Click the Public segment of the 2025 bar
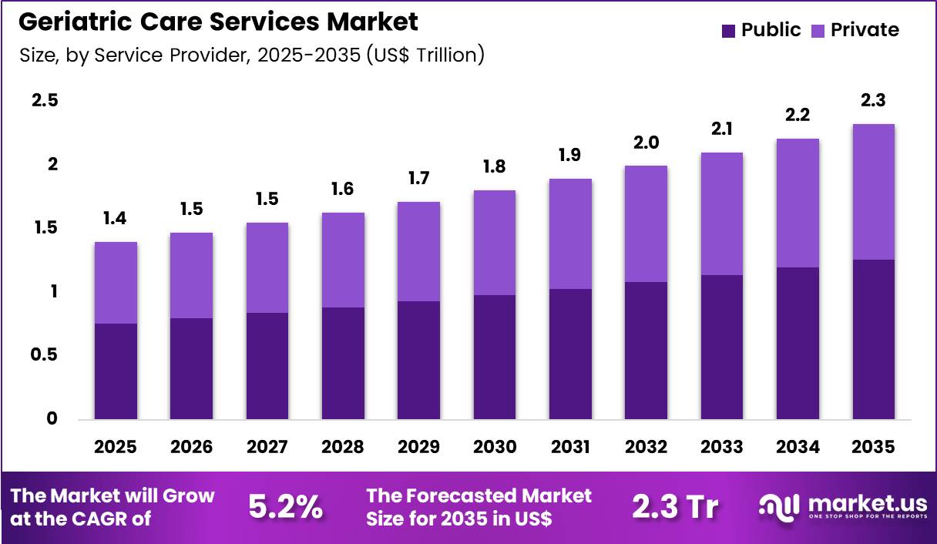tap(116, 371)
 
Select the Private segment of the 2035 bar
tap(874, 192)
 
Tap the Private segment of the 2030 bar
tap(495, 243)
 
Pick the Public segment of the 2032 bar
tap(646, 351)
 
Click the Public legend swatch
tap(728, 31)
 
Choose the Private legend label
tap(865, 30)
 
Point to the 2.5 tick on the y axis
tap(45, 101)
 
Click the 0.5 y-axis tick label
tap(45, 355)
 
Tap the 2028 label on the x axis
tap(343, 447)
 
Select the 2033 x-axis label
tap(722, 447)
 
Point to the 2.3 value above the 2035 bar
tap(874, 102)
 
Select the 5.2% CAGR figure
tap(285, 507)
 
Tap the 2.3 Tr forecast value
tap(675, 507)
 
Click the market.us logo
tap(843, 506)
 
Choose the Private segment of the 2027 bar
tap(267, 267)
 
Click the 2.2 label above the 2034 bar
tap(798, 116)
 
